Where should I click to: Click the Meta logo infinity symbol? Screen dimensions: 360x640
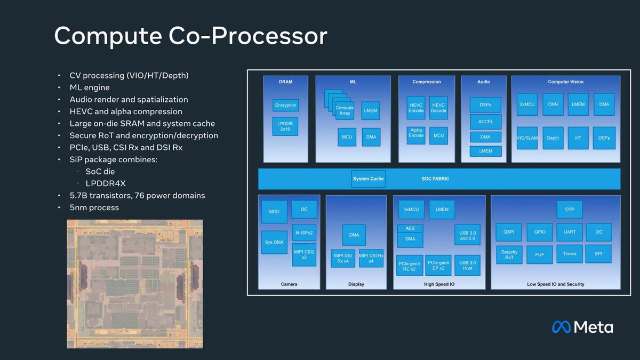(562, 327)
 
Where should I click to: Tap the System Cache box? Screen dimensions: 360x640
(368, 179)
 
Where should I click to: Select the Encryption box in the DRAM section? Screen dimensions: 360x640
(285, 105)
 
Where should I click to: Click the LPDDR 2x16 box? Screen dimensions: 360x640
(285, 126)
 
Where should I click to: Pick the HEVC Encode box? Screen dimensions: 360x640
(416, 107)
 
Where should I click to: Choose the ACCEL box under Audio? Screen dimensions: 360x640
(485, 122)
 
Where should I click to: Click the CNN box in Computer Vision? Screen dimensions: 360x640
(553, 105)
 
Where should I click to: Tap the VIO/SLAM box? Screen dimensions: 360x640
(527, 138)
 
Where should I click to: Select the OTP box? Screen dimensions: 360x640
(570, 210)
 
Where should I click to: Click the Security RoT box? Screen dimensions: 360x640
(509, 254)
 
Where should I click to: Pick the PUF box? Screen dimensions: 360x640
(540, 254)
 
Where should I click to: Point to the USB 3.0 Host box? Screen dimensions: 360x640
(468, 265)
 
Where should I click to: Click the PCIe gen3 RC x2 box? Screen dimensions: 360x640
(410, 265)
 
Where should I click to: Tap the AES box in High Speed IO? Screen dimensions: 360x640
(410, 228)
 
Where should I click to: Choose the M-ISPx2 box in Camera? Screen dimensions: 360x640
(304, 233)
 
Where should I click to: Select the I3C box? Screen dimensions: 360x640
(304, 210)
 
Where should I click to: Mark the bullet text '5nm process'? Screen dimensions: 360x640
(94, 207)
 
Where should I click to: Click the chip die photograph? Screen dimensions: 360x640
(134, 284)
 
